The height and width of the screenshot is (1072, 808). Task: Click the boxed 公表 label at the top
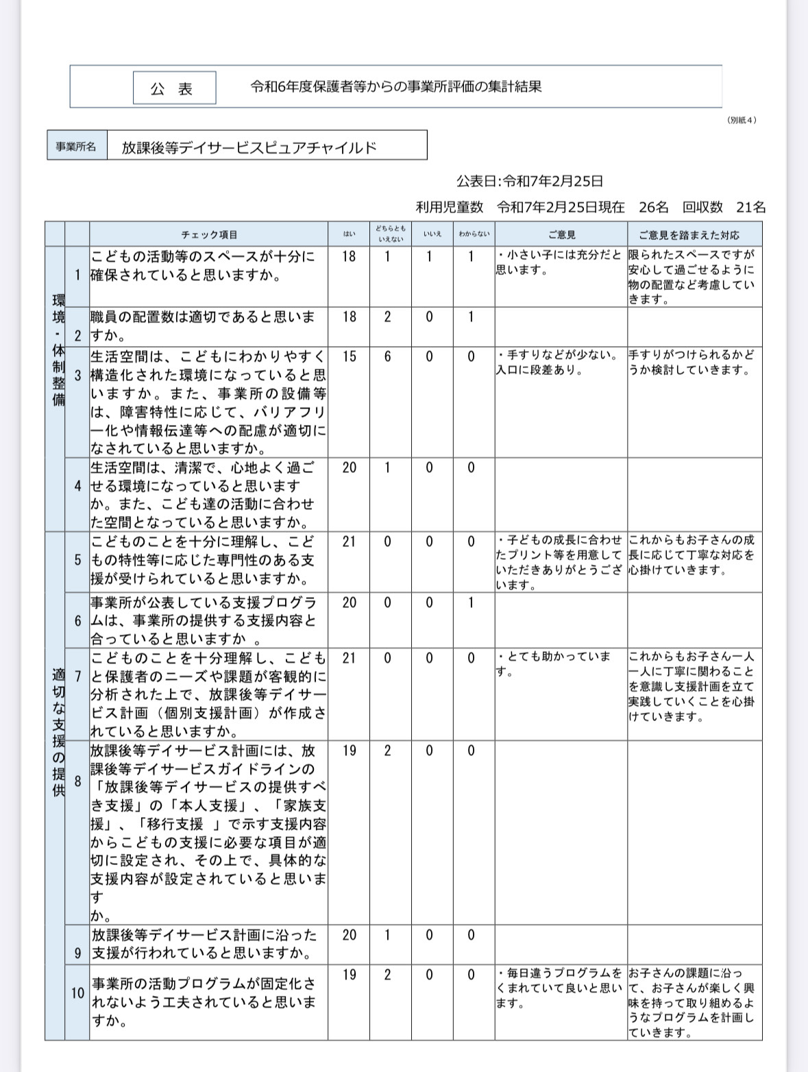point(174,88)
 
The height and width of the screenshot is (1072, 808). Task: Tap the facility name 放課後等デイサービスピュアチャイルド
point(249,147)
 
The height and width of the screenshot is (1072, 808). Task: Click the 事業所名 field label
point(76,147)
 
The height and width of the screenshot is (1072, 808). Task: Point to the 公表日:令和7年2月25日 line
point(530,182)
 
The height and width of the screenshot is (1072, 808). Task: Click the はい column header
point(349,234)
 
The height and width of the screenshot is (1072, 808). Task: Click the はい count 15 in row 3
point(349,357)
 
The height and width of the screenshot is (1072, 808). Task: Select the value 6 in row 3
point(387,357)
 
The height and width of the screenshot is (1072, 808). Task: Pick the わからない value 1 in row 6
point(471,602)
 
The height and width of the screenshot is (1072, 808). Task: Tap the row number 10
point(77,992)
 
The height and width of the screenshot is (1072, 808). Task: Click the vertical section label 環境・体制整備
point(58,350)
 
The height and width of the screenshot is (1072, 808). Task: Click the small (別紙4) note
point(742,120)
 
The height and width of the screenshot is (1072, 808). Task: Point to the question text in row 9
point(204,944)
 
